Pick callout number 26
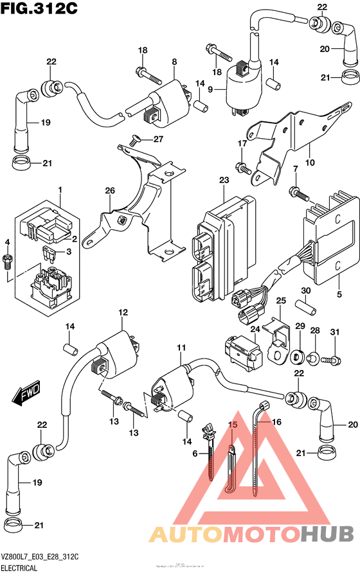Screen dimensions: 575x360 (x=109, y=190)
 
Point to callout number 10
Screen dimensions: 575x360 (x=310, y=163)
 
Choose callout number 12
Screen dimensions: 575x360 (x=120, y=312)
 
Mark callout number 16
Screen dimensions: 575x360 (x=278, y=421)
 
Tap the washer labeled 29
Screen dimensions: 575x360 (x=298, y=354)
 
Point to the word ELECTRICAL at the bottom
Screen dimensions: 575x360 (x=19, y=568)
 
